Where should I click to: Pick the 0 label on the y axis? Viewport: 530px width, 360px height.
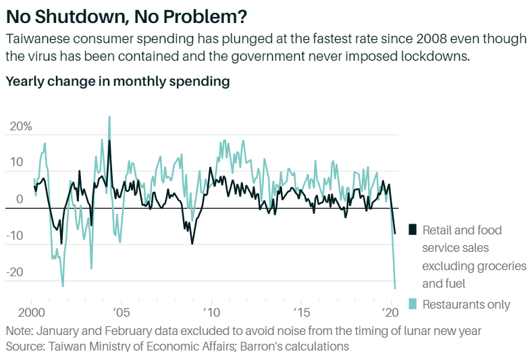point(20,200)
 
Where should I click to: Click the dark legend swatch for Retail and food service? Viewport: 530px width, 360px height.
point(413,230)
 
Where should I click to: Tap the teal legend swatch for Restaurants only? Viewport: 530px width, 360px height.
point(413,305)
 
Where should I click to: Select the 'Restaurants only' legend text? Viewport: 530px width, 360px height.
point(467,305)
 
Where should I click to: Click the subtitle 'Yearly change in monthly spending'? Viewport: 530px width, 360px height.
point(117,82)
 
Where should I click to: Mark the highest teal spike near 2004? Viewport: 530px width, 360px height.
point(109,117)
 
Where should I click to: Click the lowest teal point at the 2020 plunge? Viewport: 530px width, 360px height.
point(395,288)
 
